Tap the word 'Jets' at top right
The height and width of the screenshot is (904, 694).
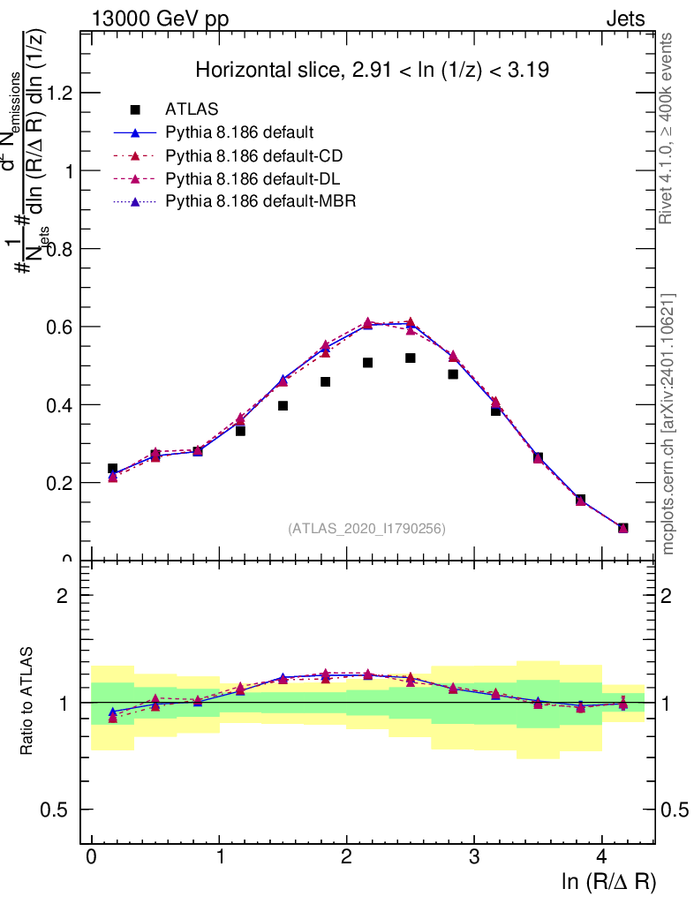coord(624,19)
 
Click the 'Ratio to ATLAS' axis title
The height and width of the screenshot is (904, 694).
coord(27,702)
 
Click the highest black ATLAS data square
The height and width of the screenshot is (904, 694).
coord(411,358)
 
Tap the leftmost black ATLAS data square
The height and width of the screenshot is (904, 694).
coord(112,469)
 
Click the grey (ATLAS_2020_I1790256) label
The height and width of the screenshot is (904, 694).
coord(366,529)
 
